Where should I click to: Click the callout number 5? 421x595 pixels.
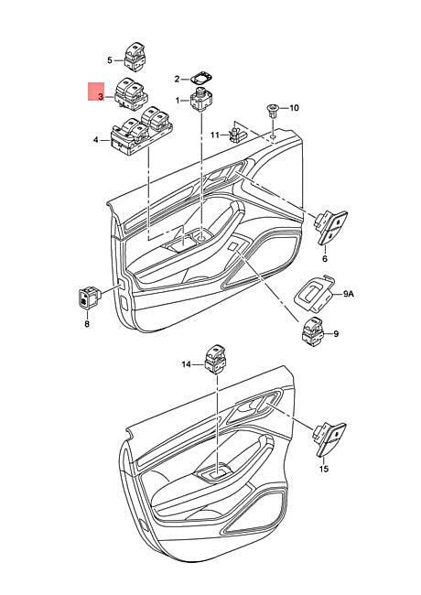point(110,59)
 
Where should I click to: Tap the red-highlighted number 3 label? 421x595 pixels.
point(100,97)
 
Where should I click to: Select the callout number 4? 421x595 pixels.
point(95,140)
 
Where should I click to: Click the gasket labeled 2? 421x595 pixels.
point(201,79)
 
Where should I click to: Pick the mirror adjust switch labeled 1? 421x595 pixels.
point(200,100)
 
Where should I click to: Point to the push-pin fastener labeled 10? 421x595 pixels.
point(273,111)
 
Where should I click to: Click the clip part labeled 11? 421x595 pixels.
point(235,135)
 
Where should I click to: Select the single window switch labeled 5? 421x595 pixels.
point(135,56)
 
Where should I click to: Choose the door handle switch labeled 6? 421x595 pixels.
point(330,227)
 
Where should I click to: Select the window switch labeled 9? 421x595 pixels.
point(312,330)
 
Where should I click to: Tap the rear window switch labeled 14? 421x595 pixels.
point(215,359)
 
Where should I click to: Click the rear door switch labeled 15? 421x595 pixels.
point(329,439)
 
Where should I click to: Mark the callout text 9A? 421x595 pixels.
point(349,293)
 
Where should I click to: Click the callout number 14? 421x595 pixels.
point(186,364)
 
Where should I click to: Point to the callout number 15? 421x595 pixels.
point(323,469)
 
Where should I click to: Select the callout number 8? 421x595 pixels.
point(87,324)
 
